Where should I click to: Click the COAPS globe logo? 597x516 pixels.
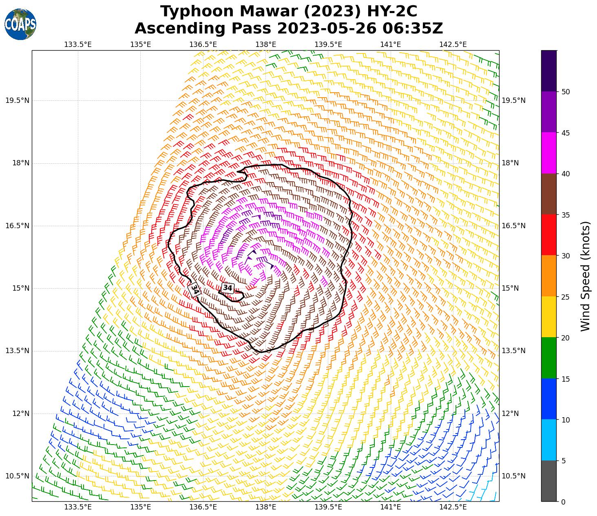[x=20, y=24]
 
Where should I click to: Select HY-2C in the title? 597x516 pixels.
[x=391, y=11]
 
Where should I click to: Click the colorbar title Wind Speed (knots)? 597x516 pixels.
[x=585, y=276]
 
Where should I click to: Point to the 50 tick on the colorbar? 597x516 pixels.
[x=566, y=92]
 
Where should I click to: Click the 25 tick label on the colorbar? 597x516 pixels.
[x=566, y=297]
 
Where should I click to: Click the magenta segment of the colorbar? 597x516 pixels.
[x=549, y=153]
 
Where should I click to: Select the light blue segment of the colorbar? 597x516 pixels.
[x=549, y=440]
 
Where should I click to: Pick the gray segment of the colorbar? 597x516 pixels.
[x=549, y=481]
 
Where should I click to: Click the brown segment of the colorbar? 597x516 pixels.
[x=549, y=194]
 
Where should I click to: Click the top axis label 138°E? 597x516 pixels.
[x=266, y=44]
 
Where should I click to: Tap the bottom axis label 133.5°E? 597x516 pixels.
[x=78, y=507]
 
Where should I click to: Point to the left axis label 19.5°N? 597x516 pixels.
[x=18, y=100]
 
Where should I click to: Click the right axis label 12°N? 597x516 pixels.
[x=510, y=414]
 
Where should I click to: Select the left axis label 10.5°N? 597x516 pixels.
[x=18, y=476]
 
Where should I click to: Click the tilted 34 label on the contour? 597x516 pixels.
[x=195, y=289]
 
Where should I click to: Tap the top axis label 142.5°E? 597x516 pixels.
[x=453, y=44]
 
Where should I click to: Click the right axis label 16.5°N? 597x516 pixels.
[x=513, y=226]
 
